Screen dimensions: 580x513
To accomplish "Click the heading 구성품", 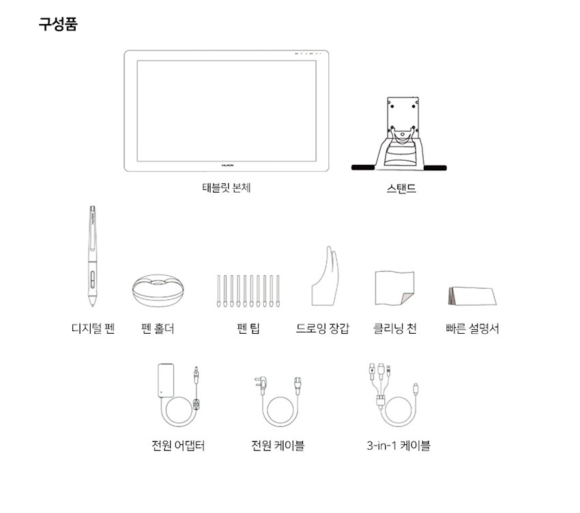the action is tap(58, 26).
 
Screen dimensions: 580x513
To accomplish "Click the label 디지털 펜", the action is tap(93, 328).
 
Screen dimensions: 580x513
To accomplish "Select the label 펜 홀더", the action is tap(157, 328).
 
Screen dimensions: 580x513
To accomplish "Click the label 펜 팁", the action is tap(248, 328).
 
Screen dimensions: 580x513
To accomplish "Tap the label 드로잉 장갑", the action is tap(323, 328).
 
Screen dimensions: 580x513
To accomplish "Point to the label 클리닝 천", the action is tap(394, 328).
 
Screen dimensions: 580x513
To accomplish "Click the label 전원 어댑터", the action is tap(178, 446).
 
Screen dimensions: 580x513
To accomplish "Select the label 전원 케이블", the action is tap(278, 446).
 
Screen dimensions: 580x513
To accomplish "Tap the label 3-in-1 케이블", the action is tap(398, 446).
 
